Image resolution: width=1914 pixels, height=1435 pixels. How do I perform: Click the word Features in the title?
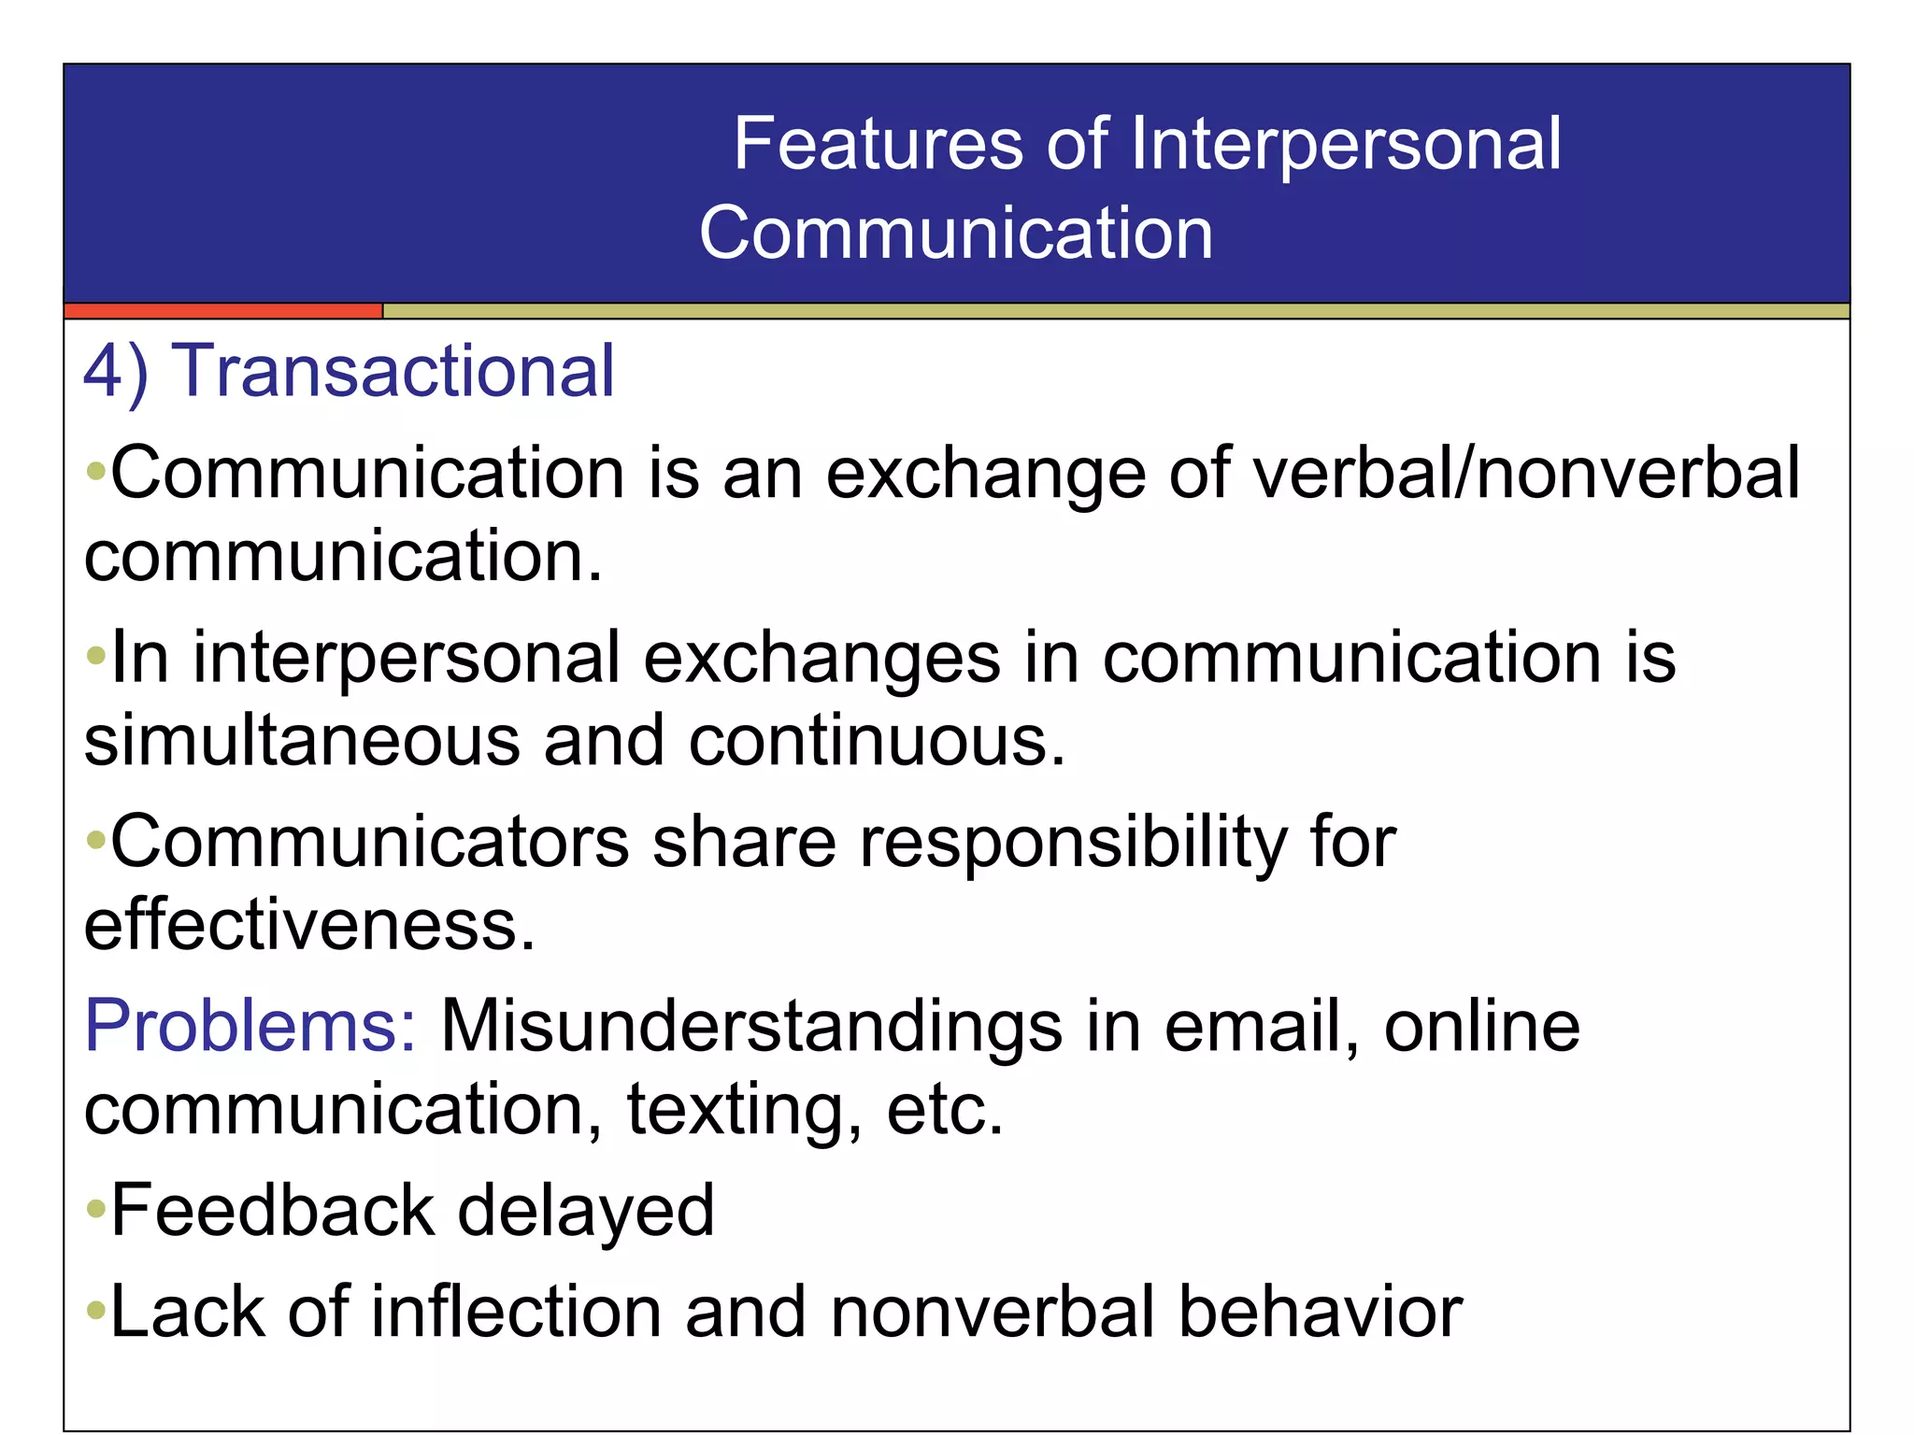[878, 145]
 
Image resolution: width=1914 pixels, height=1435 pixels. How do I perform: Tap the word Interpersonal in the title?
[1346, 145]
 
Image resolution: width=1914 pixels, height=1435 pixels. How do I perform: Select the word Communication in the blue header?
[955, 234]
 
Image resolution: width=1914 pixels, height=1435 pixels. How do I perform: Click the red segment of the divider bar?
[222, 311]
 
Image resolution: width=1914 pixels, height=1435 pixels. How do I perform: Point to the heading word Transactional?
[393, 372]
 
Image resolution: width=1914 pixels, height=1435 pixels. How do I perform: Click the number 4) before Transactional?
[115, 372]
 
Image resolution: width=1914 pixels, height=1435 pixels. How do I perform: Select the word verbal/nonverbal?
[1525, 474]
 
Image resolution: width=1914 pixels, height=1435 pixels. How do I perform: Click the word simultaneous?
[302, 741]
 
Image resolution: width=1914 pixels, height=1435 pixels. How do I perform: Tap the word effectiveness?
[309, 925]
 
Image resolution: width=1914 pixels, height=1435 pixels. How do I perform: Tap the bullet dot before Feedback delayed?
[95, 1212]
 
